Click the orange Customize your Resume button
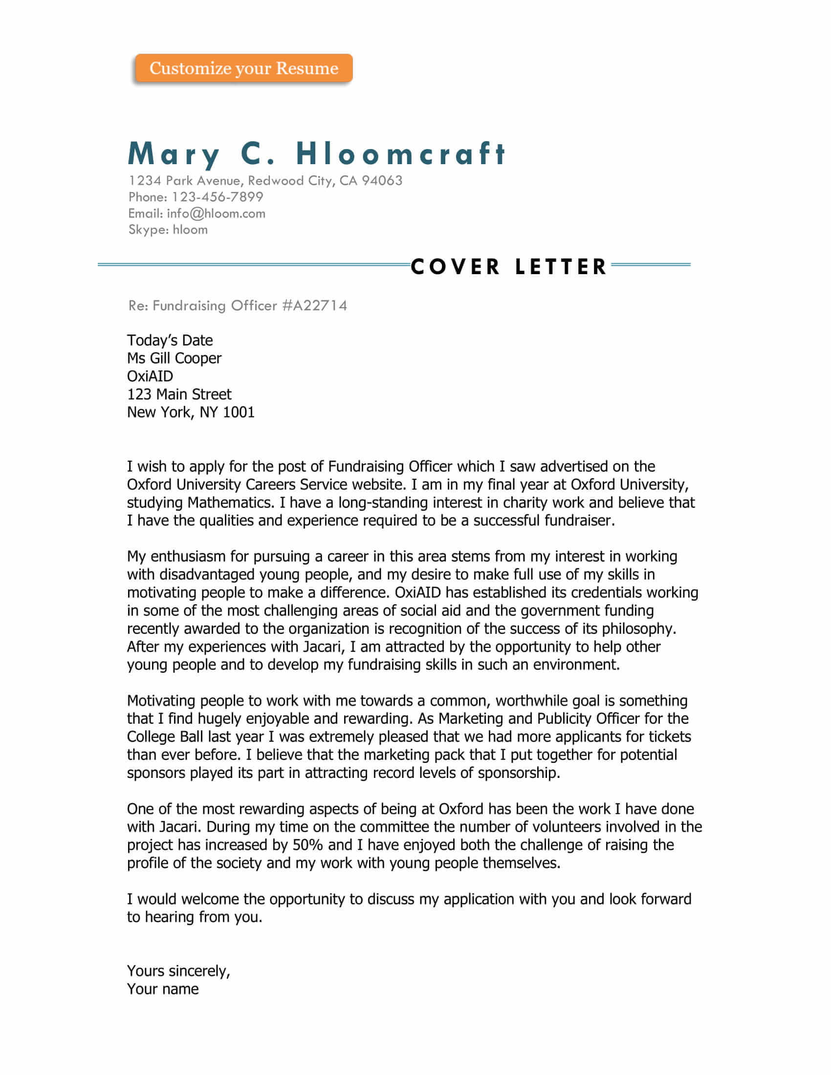tap(244, 68)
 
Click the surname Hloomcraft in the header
tap(401, 153)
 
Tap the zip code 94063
tap(382, 181)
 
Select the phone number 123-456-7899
tap(217, 197)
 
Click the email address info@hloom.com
tap(216, 213)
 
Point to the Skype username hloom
tap(190, 229)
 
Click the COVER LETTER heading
tap(509, 267)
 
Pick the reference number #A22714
tap(315, 306)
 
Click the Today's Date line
tap(170, 340)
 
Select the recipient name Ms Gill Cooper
tap(175, 358)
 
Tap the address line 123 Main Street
tap(179, 394)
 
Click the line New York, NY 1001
tap(191, 412)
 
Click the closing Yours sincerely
tap(178, 971)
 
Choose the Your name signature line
tap(163, 989)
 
